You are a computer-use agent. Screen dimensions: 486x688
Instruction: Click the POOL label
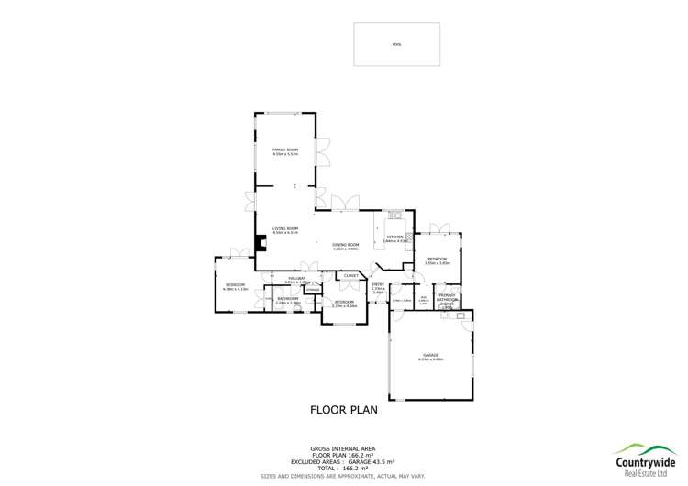(x=396, y=43)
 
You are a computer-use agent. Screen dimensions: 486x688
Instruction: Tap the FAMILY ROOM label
(x=285, y=149)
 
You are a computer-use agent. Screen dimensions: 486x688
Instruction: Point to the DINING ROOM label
(x=345, y=247)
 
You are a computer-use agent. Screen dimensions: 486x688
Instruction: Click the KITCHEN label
(x=394, y=237)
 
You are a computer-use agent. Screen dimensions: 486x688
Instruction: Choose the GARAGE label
(x=430, y=355)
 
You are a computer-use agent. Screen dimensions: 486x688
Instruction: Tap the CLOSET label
(x=350, y=274)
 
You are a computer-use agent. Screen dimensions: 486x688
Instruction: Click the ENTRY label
(x=378, y=285)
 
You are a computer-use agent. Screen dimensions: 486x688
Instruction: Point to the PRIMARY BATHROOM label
(x=447, y=298)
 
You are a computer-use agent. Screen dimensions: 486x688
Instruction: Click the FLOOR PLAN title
(x=344, y=410)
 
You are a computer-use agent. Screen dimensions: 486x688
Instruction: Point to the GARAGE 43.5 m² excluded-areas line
(x=344, y=454)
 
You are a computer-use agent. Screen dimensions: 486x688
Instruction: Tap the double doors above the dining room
(x=345, y=203)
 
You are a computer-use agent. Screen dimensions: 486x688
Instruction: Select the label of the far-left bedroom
(x=236, y=287)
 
